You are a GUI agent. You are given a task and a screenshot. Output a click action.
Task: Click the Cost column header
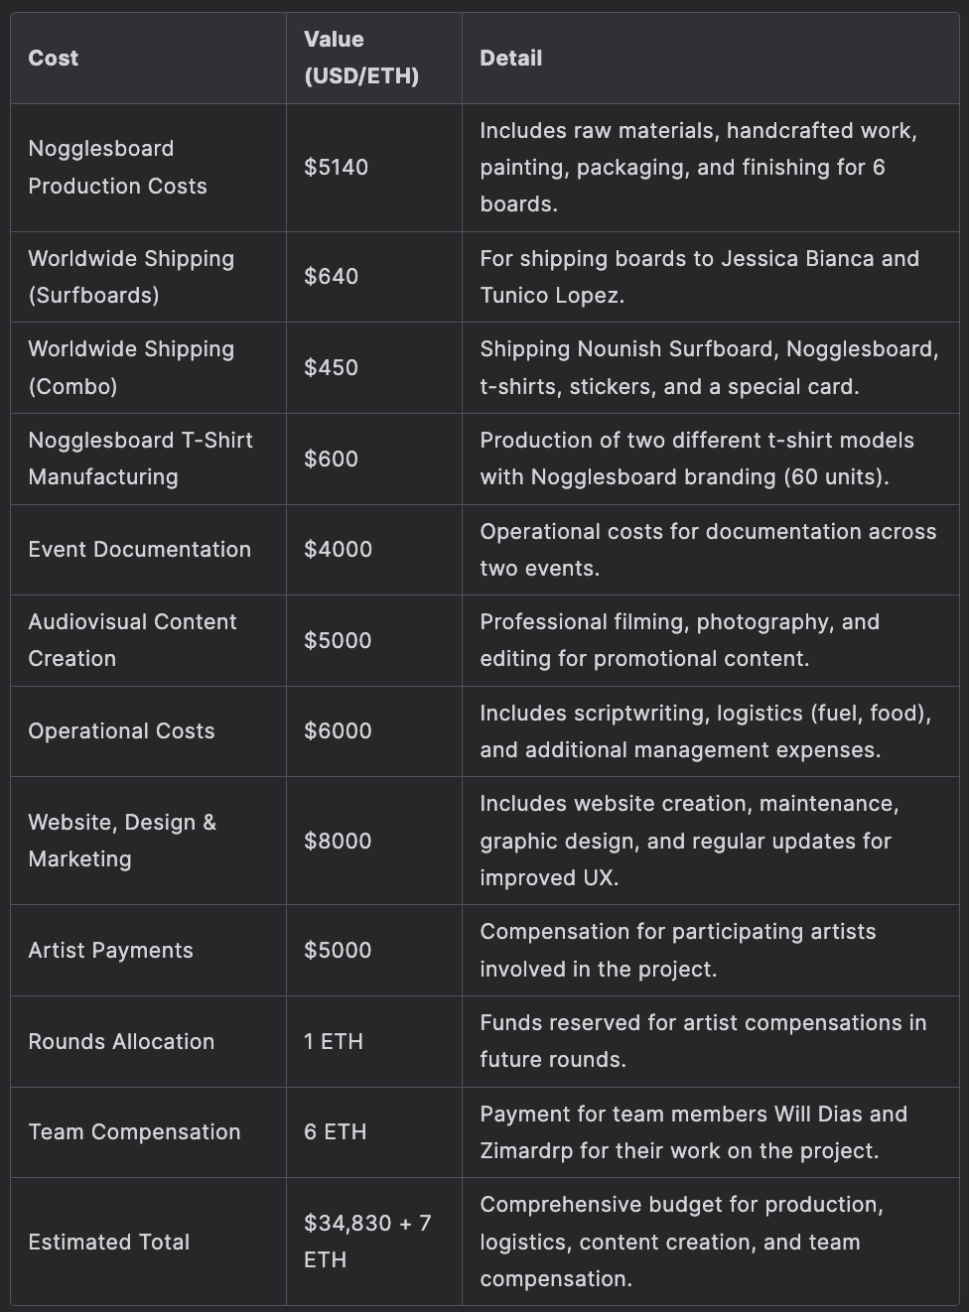pyautogui.click(x=54, y=59)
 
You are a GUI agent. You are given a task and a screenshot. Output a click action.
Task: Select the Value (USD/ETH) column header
pyautogui.click(x=361, y=58)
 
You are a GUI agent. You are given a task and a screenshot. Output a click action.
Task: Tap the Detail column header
pyautogui.click(x=510, y=59)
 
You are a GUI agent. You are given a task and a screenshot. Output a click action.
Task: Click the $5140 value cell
pyautogui.click(x=337, y=167)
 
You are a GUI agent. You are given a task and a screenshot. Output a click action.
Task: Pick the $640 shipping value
pyautogui.click(x=332, y=277)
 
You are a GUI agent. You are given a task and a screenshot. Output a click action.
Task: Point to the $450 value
pyautogui.click(x=332, y=367)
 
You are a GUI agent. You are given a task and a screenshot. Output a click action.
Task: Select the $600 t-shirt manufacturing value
pyautogui.click(x=332, y=459)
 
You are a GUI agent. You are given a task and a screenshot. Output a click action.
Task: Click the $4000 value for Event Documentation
pyautogui.click(x=339, y=550)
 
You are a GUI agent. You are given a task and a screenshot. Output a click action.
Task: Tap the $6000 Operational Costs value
pyautogui.click(x=339, y=731)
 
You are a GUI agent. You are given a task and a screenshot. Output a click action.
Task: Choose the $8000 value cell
pyautogui.click(x=339, y=841)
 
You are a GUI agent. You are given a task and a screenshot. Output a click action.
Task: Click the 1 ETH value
pyautogui.click(x=334, y=1041)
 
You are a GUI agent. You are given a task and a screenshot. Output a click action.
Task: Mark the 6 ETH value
pyautogui.click(x=336, y=1132)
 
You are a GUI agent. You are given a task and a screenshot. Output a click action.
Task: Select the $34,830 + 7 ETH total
pyautogui.click(x=367, y=1241)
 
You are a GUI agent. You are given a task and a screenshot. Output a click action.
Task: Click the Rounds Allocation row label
pyautogui.click(x=121, y=1041)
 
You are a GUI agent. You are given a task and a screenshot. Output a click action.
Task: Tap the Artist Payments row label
pyautogui.click(x=111, y=951)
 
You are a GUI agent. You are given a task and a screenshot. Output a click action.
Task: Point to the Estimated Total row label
pyautogui.click(x=109, y=1242)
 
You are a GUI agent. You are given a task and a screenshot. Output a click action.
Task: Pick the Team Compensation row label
pyautogui.click(x=134, y=1132)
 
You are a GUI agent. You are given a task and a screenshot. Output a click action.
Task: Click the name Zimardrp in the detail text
pyautogui.click(x=527, y=1151)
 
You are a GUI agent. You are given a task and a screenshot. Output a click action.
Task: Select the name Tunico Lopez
pyautogui.click(x=551, y=296)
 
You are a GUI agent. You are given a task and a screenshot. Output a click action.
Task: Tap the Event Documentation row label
pyautogui.click(x=140, y=550)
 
